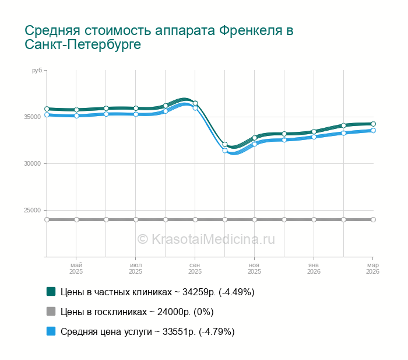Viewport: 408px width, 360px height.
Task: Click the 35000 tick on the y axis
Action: pyautogui.click(x=33, y=117)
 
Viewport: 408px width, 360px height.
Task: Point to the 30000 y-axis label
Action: pyautogui.click(x=33, y=163)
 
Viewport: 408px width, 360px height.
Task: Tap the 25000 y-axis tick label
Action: pyautogui.click(x=33, y=211)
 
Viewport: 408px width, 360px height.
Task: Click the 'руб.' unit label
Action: pyautogui.click(x=37, y=71)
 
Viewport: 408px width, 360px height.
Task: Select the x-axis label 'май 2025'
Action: pyautogui.click(x=76, y=268)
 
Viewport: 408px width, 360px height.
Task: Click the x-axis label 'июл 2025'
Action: pyautogui.click(x=135, y=268)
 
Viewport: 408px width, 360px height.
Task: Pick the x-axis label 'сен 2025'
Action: pyautogui.click(x=195, y=268)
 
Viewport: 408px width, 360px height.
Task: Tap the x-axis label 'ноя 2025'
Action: pyautogui.click(x=254, y=268)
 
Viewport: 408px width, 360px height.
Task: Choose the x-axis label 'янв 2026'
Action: pyautogui.click(x=314, y=268)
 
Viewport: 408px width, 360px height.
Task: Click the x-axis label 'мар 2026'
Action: pyautogui.click(x=372, y=268)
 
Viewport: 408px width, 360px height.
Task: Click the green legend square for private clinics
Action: pyautogui.click(x=51, y=291)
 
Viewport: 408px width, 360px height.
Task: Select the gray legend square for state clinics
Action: pyautogui.click(x=51, y=311)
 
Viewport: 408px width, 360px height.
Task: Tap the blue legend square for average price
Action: pyautogui.click(x=51, y=331)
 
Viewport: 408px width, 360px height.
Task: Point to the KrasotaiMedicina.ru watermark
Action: pyautogui.click(x=206, y=239)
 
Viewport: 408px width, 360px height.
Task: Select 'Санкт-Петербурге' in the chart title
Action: pyautogui.click(x=83, y=45)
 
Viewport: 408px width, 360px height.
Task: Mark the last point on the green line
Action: pyautogui.click(x=373, y=124)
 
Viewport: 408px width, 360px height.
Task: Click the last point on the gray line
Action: pyautogui.click(x=373, y=219)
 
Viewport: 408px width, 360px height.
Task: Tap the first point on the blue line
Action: pyautogui.click(x=47, y=115)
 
